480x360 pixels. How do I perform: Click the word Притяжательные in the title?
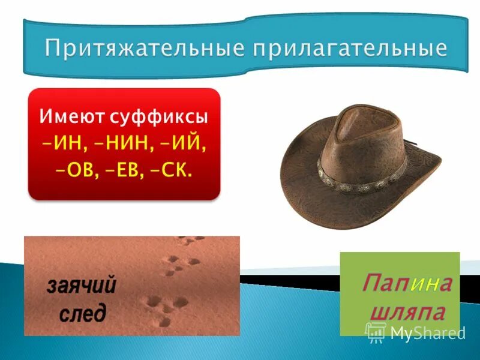pyautogui.click(x=142, y=48)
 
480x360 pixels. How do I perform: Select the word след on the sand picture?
pyautogui.click(x=83, y=313)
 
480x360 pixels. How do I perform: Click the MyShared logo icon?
pyautogui.click(x=376, y=331)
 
